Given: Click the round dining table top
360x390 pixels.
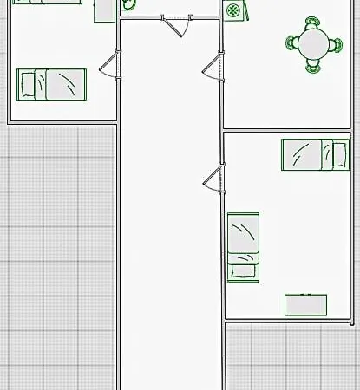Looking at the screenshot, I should (311, 42).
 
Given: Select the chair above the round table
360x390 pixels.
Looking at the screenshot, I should (311, 23).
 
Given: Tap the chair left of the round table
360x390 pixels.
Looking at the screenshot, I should (293, 41).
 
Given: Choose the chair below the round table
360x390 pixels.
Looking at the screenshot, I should (311, 62).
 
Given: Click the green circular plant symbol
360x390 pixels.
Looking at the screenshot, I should (233, 10).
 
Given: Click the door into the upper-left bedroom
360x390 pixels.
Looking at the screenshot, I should (109, 65).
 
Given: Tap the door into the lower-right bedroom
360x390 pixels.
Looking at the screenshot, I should (213, 180).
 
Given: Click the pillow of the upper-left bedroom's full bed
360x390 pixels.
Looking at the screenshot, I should (28, 84).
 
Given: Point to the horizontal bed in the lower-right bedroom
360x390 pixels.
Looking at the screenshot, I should (314, 154).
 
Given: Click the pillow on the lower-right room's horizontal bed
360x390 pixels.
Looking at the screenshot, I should (339, 154).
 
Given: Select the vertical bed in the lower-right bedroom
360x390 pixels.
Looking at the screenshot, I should (243, 247).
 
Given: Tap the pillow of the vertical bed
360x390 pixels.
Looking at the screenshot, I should (243, 270).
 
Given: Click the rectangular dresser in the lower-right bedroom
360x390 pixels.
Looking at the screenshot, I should (306, 305).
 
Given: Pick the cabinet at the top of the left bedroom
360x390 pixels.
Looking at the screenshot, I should (105, 10).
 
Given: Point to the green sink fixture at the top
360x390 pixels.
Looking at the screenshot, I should (128, 4).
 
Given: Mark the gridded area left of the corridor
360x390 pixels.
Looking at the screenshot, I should (56, 260).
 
